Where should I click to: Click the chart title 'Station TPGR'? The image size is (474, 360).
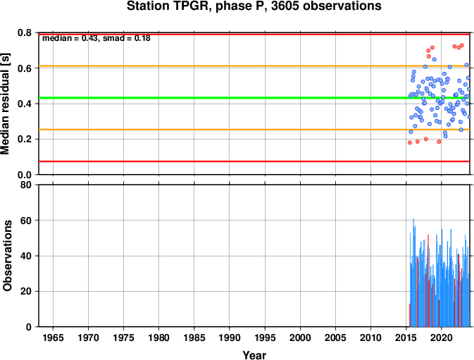click(168, 6)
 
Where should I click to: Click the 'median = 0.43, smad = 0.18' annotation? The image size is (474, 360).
click(96, 38)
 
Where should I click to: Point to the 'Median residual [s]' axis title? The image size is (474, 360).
click(5, 104)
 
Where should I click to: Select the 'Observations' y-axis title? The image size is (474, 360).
click(6, 256)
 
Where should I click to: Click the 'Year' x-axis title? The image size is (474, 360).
click(254, 355)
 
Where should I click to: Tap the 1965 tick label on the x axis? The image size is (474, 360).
click(53, 337)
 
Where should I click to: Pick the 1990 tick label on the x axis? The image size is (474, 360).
click(230, 337)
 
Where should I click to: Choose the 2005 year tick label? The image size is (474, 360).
click(335, 337)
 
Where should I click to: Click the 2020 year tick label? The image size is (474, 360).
click(442, 337)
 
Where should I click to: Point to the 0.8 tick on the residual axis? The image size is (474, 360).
click(25, 32)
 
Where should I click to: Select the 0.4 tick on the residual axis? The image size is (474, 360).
click(25, 104)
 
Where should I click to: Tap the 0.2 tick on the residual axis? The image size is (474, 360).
click(25, 139)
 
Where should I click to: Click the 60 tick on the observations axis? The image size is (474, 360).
click(26, 221)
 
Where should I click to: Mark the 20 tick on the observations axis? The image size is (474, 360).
click(26, 292)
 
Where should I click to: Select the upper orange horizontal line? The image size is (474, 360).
click(254, 66)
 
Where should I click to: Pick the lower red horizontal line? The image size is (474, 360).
click(254, 161)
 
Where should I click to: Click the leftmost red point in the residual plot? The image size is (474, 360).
click(410, 143)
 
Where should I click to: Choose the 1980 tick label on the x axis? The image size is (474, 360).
click(158, 337)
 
